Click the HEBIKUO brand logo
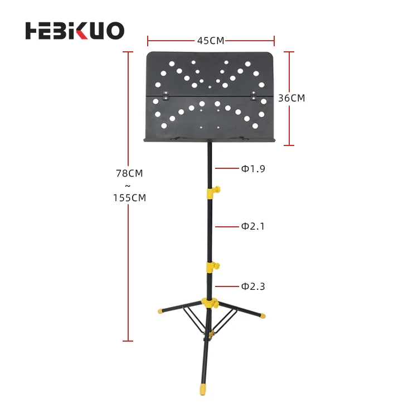(75, 31)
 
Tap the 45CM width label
(211, 40)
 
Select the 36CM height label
(291, 98)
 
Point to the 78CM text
(129, 173)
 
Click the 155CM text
(129, 197)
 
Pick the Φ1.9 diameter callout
(253, 168)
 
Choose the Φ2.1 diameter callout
(253, 226)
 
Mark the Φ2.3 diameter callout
(253, 286)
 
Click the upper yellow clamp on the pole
(212, 192)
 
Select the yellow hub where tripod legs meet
(211, 304)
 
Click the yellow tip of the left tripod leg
(161, 310)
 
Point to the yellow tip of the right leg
(262, 315)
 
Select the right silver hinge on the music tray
(255, 96)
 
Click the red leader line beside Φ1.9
(227, 168)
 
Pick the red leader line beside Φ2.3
(227, 286)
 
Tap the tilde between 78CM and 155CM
(129, 186)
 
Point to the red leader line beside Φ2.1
(227, 226)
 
